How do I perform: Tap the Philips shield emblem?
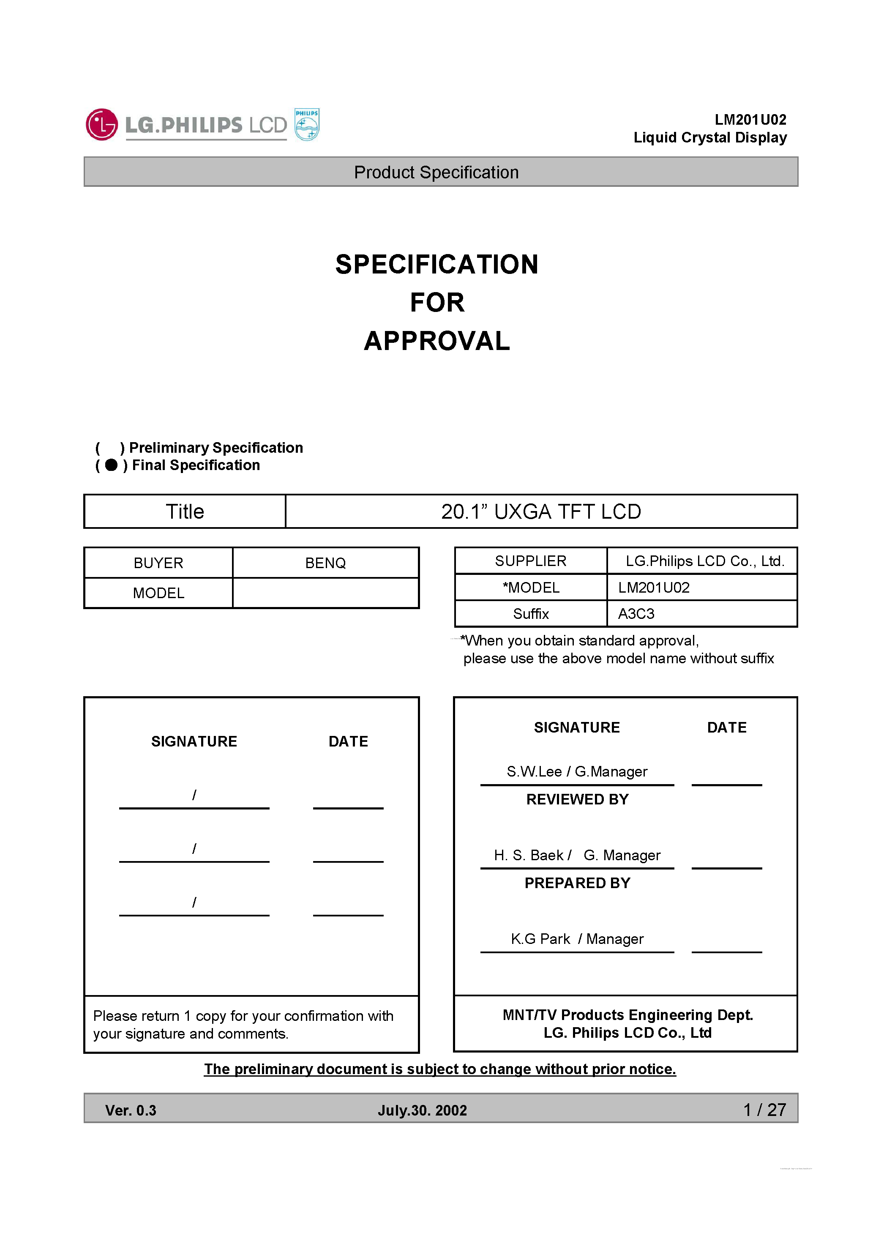click(x=307, y=124)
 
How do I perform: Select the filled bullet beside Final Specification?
click(x=112, y=465)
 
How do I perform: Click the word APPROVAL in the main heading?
click(x=436, y=341)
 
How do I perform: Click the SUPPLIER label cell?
click(x=530, y=561)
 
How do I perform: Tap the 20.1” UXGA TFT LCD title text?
click(x=541, y=511)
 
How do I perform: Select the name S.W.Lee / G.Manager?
click(x=577, y=771)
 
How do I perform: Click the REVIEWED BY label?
click(x=577, y=799)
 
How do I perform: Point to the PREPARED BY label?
click(x=577, y=883)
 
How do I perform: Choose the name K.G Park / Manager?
click(x=577, y=939)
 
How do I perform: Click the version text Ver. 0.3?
click(x=131, y=1110)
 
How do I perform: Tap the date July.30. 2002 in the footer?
click(x=423, y=1110)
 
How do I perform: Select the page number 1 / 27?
click(x=764, y=1110)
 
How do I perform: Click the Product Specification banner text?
click(x=436, y=172)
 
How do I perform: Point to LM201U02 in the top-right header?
click(x=750, y=120)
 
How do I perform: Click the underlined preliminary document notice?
click(x=440, y=1069)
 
